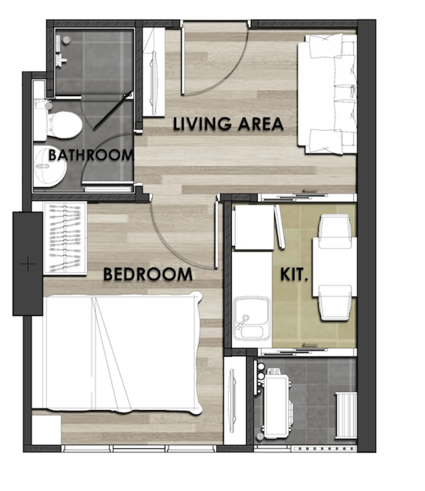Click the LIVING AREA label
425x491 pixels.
click(x=228, y=124)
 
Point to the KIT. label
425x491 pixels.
click(x=294, y=275)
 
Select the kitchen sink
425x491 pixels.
click(x=252, y=318)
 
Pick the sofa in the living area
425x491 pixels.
click(x=327, y=94)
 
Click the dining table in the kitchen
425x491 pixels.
click(x=335, y=267)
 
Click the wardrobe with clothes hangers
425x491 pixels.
click(x=65, y=238)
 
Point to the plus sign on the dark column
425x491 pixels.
click(x=28, y=264)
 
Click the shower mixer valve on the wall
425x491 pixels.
click(x=61, y=59)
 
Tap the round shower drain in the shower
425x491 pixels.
click(x=66, y=40)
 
